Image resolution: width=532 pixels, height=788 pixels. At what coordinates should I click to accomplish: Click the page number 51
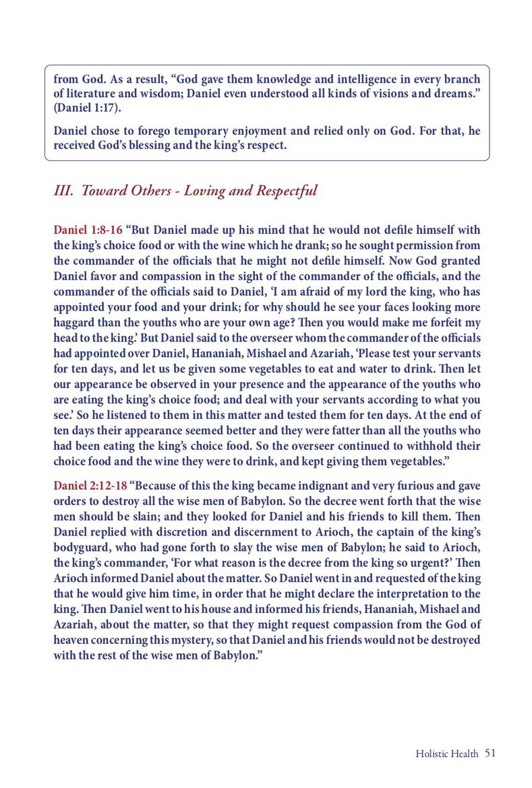click(490, 753)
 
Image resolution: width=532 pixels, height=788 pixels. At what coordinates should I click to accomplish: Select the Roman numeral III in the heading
click(63, 191)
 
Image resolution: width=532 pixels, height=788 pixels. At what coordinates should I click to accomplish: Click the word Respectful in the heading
click(287, 191)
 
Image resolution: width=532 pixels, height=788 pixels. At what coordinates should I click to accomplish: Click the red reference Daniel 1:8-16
click(88, 230)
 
